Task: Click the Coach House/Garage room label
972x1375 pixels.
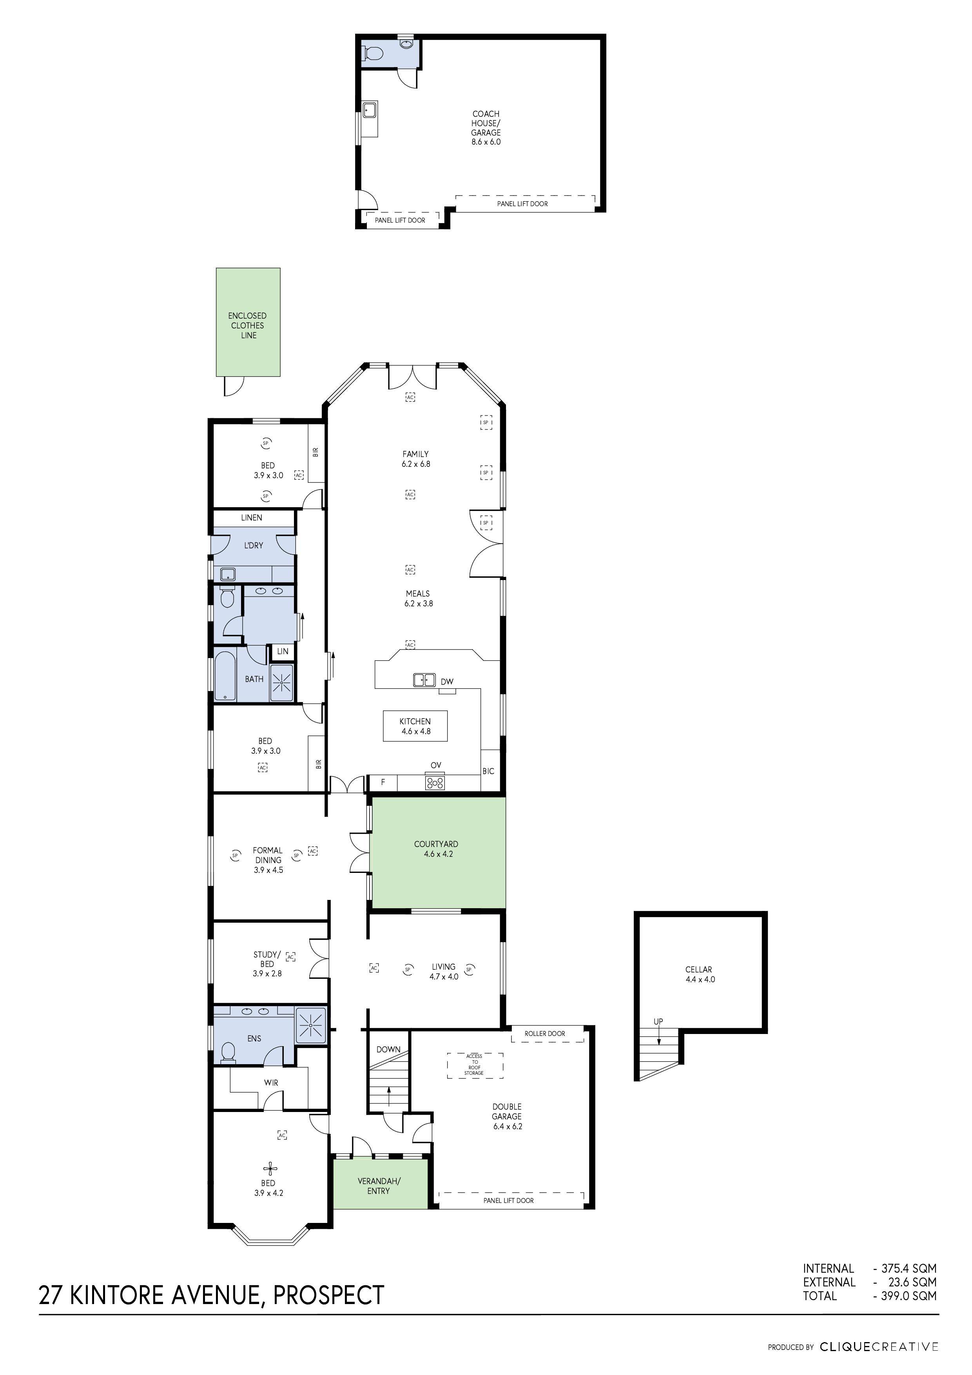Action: tap(486, 127)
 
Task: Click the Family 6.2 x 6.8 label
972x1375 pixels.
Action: tap(415, 459)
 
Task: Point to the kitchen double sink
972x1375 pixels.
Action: tap(424, 680)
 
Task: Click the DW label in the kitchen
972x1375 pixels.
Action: tap(447, 682)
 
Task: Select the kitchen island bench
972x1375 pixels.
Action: tap(415, 726)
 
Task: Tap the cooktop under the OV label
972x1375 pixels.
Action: tap(435, 782)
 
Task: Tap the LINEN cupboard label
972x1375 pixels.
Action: tap(252, 517)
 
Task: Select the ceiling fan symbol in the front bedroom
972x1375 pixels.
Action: tap(271, 1168)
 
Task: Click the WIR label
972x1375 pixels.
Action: tap(271, 1083)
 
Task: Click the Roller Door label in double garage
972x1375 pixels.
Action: tap(544, 1033)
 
